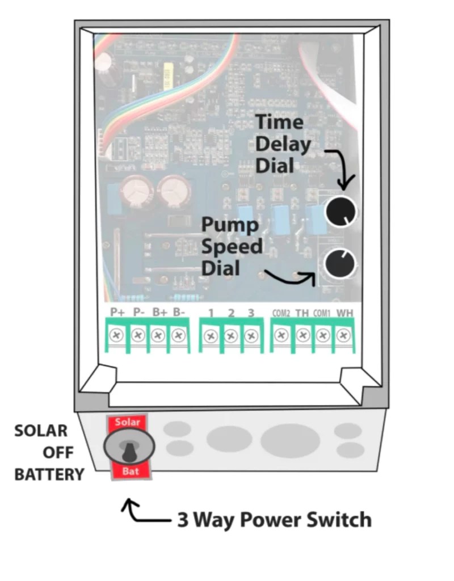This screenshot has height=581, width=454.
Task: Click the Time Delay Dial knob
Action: pyautogui.click(x=340, y=212)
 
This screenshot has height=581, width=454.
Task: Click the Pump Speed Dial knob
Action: pyautogui.click(x=339, y=263)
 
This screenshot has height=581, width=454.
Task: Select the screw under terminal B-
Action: pyautogui.click(x=178, y=335)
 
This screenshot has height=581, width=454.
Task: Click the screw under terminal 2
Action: pyautogui.click(x=230, y=336)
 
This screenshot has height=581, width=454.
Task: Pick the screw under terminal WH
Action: pyautogui.click(x=342, y=335)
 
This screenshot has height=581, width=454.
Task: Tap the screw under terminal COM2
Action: pyautogui.click(x=281, y=335)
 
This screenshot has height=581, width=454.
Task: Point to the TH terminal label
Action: pyautogui.click(x=302, y=313)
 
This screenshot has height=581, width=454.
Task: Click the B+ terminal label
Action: pyautogui.click(x=159, y=312)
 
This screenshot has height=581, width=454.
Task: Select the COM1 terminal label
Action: pyautogui.click(x=322, y=313)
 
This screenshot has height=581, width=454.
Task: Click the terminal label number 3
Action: pyautogui.click(x=251, y=313)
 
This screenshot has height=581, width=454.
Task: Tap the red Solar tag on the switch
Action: pyautogui.click(x=127, y=422)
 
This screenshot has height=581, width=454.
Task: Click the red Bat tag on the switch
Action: pyautogui.click(x=128, y=472)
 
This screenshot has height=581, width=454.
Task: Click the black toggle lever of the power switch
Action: pyautogui.click(x=129, y=451)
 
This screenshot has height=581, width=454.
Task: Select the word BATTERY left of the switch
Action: pyautogui.click(x=49, y=474)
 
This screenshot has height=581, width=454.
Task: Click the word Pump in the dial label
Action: pyautogui.click(x=230, y=225)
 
